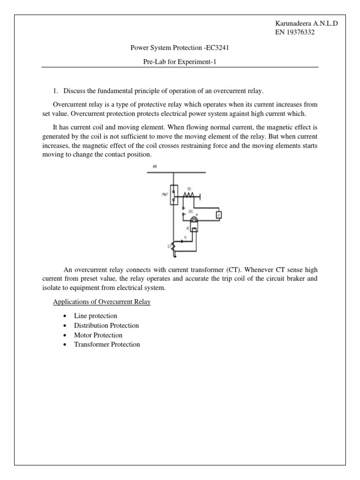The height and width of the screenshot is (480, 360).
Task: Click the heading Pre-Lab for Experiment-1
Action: (x=180, y=60)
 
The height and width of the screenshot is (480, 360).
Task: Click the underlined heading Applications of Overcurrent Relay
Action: (x=102, y=302)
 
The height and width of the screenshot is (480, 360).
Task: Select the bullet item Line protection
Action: (x=96, y=316)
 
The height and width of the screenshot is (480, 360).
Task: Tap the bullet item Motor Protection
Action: (x=98, y=335)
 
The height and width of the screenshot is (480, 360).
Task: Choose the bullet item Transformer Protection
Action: (x=107, y=345)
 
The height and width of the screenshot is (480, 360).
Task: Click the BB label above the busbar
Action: (x=154, y=166)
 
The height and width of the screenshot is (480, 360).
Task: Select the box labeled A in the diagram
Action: (x=218, y=215)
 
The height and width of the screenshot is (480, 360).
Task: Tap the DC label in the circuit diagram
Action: (x=190, y=211)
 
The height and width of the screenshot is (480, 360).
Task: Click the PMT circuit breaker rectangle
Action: (x=173, y=195)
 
